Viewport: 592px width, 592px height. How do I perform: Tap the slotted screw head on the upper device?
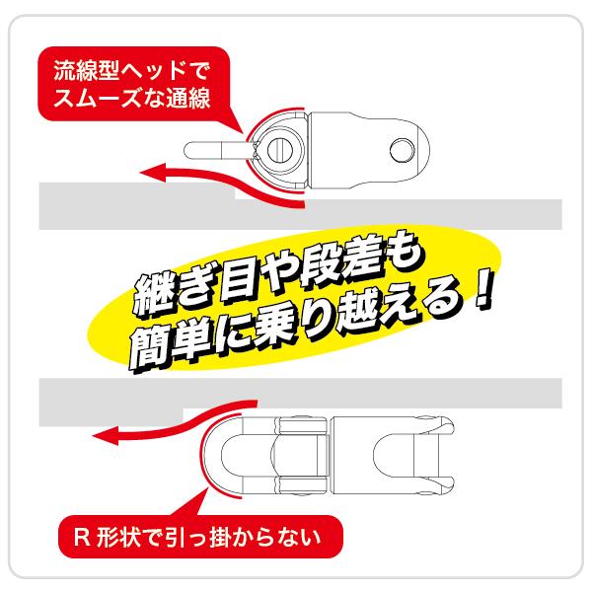pyautogui.click(x=281, y=150)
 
